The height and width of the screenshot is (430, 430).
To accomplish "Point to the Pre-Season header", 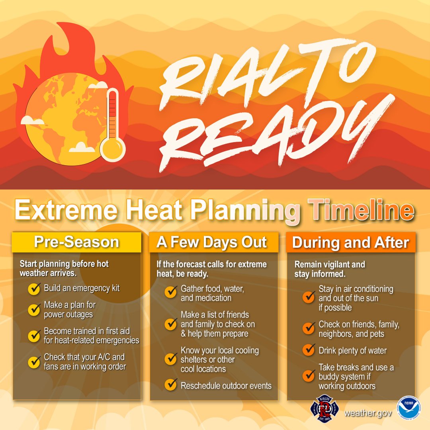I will (76, 242).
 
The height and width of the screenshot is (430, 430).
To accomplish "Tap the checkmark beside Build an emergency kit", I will (34, 289).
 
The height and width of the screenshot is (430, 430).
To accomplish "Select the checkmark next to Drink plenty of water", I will (309, 351).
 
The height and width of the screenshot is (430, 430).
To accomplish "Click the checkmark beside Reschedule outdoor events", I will (171, 385).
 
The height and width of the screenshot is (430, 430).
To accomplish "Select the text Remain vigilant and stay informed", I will (330, 269).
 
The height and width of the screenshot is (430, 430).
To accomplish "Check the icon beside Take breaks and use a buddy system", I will (309, 376).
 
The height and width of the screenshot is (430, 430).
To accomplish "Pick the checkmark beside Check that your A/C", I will (34, 362).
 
